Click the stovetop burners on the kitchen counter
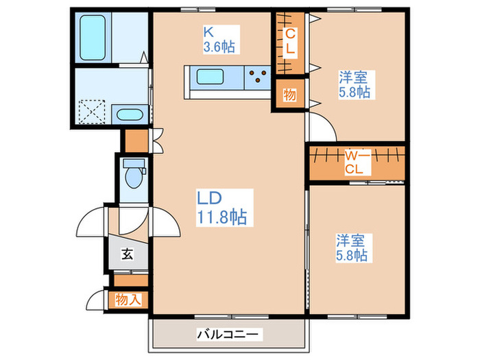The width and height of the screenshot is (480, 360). click(x=260, y=77)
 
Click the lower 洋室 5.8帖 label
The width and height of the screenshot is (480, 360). click(x=351, y=248)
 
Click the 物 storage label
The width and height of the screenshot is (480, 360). click(x=290, y=95)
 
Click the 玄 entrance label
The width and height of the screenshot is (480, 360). click(x=127, y=255)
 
